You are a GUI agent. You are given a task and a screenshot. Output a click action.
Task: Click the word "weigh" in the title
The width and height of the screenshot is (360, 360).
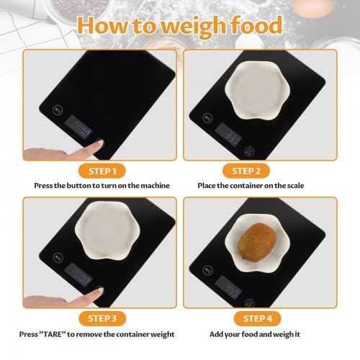click(193, 27)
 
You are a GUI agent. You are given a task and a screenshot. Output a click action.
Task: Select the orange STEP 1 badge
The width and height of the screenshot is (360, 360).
click(102, 171)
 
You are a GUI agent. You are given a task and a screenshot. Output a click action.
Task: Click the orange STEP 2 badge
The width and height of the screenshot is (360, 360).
click(246, 171)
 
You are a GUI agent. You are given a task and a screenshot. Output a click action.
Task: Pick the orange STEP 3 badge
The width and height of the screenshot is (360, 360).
click(102, 318)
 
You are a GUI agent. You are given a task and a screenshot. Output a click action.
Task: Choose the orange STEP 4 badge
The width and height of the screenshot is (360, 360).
click(257, 318)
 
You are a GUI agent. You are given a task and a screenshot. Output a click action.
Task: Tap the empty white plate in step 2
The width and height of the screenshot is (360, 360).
click(257, 91)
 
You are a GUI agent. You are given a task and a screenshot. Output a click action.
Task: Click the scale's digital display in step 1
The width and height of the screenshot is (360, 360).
click(78, 127)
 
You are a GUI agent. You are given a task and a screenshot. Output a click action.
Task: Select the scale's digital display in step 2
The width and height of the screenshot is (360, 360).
click(228, 135)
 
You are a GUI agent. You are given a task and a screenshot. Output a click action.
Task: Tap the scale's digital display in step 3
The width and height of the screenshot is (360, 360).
click(78, 275)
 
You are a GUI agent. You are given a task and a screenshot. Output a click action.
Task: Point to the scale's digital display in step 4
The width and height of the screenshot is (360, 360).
click(228, 287)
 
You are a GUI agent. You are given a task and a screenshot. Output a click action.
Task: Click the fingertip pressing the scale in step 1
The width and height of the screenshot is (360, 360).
click(99, 144)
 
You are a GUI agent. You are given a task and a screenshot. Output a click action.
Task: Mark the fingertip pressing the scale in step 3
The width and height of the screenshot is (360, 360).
click(99, 292)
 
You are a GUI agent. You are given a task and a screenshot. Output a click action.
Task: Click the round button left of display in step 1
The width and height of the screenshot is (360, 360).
click(58, 110)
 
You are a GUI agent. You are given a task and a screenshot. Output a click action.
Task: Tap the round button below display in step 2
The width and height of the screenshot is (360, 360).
click(250, 151)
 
